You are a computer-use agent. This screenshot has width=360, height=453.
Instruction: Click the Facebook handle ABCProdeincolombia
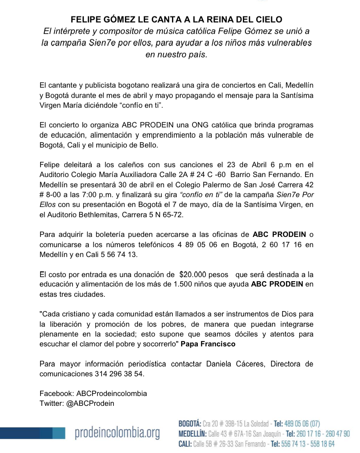[x=111, y=394]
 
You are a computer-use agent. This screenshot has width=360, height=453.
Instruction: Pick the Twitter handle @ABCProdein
[x=90, y=403]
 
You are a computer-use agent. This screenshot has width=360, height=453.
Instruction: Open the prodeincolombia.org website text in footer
[x=117, y=433]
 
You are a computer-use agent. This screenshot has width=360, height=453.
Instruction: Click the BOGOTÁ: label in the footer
[x=190, y=423]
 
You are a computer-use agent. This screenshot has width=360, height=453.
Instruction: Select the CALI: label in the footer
[x=185, y=444]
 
